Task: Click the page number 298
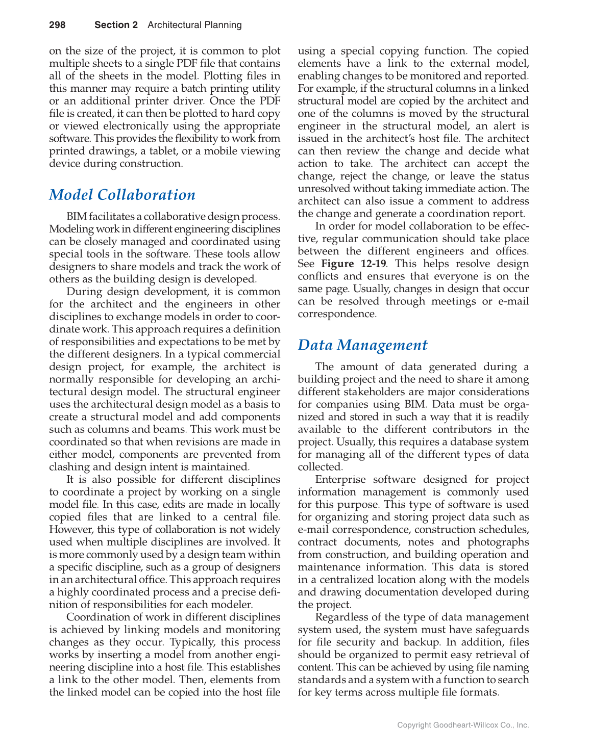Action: click(x=57, y=25)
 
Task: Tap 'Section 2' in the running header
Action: click(x=116, y=25)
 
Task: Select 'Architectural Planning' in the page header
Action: click(x=194, y=25)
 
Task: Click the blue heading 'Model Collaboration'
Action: click(x=122, y=195)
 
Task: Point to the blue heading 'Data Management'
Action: click(x=362, y=345)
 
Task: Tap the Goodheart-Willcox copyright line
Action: click(x=463, y=725)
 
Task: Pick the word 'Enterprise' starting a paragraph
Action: click(x=340, y=479)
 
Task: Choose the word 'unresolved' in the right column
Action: click(x=324, y=189)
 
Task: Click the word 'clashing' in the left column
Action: click(x=67, y=467)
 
